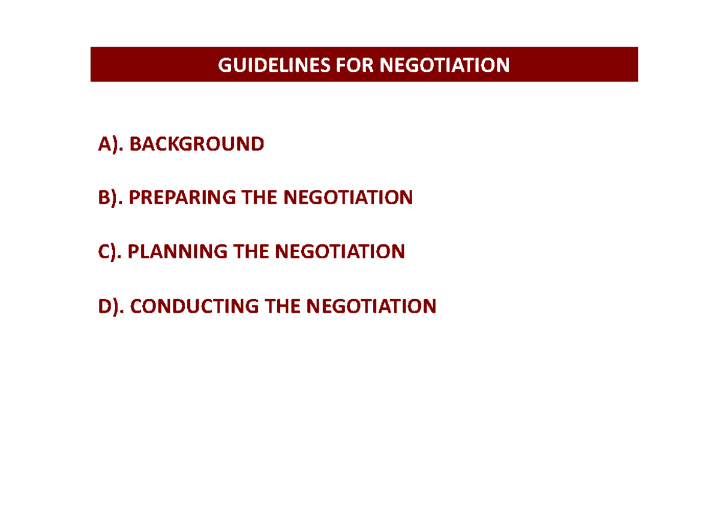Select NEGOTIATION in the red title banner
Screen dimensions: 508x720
pos(444,65)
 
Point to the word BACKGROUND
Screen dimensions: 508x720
pos(196,144)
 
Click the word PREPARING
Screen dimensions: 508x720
pos(182,197)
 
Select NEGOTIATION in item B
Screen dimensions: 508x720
pos(348,197)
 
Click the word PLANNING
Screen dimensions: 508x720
pos(178,252)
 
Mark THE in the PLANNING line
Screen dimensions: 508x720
pos(251,252)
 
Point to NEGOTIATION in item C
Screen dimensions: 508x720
pos(340,252)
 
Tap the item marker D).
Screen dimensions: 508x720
pos(112,306)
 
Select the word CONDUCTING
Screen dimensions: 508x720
pos(194,306)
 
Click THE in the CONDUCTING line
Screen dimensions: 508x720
pos(283,306)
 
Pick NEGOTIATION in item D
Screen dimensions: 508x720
pos(371,306)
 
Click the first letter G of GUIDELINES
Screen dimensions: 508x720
pos(224,65)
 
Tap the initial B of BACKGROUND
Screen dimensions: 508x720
pos(134,144)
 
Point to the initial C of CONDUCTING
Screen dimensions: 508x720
pos(136,306)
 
